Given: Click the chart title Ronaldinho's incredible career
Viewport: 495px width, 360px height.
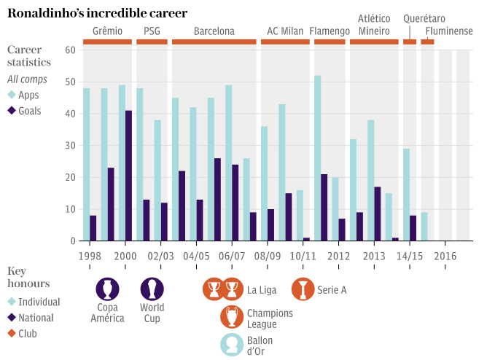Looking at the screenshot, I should pos(97,13).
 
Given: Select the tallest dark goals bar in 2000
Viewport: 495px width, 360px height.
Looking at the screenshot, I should pos(128,176).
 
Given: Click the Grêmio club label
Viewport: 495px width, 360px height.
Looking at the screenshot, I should pos(107,31).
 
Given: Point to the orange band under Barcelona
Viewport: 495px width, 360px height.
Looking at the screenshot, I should pos(214,42).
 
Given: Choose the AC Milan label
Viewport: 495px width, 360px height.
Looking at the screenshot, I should pos(285,31).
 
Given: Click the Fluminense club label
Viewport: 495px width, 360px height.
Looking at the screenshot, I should pos(449,31).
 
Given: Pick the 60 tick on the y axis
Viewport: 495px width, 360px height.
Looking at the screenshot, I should pos(70,50).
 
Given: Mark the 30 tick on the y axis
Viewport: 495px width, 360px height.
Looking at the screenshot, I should pos(70,145).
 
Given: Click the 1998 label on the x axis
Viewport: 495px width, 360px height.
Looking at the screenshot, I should pos(90,257).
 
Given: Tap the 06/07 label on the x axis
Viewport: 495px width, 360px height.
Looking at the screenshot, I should pos(232,257).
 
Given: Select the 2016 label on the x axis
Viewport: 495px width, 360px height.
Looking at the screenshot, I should pos(445,257).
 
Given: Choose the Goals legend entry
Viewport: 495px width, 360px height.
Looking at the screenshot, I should pos(30,111).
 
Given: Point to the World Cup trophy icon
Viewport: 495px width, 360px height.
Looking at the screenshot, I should pos(152,289).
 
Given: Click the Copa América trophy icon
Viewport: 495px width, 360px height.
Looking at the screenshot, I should pos(107,289).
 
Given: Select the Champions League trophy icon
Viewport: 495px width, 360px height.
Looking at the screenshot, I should pos(232,317).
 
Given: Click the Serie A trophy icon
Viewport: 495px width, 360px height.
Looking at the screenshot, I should pos(303,289).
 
